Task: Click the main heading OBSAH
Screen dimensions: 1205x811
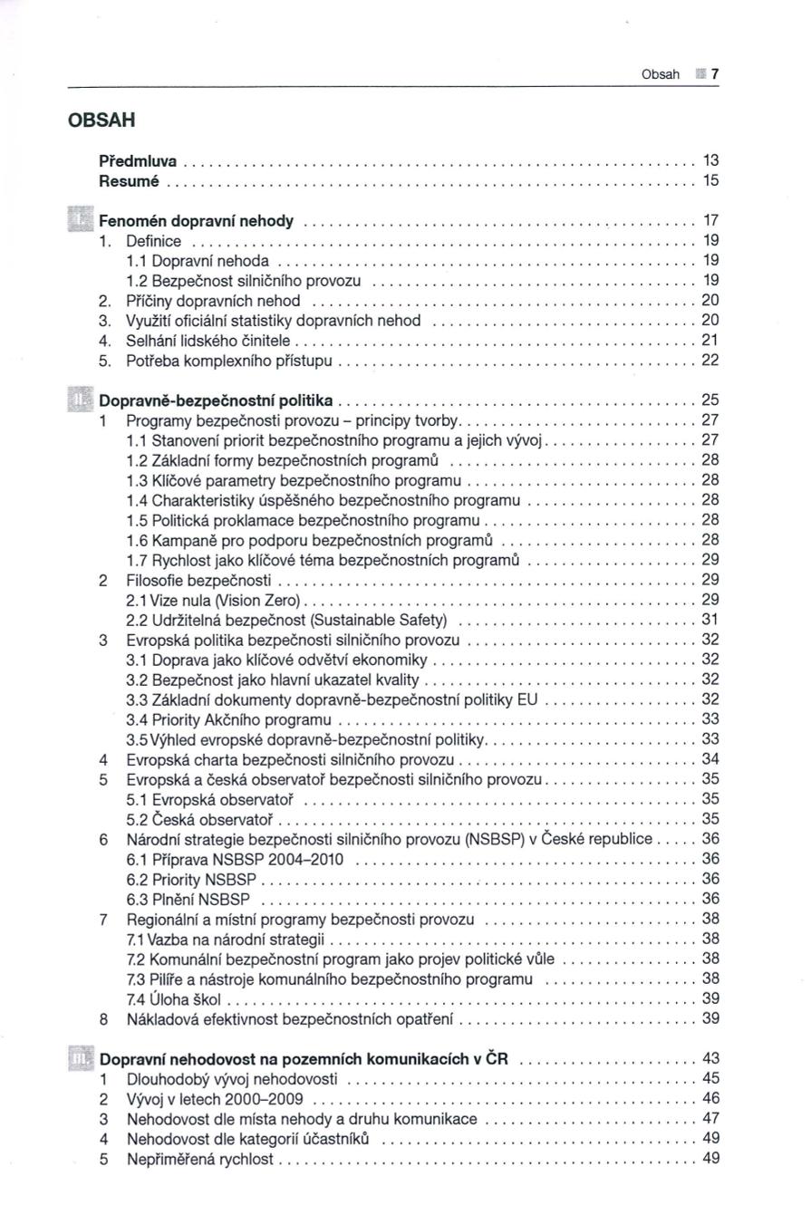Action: pos(102,120)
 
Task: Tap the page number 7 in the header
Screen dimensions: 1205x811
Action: pos(714,74)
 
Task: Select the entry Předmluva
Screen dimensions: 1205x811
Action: pos(138,160)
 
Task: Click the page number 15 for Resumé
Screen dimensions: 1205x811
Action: pos(711,180)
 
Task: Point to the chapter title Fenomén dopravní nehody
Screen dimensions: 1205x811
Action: pos(196,221)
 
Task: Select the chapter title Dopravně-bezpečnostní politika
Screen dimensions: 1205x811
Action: pos(216,400)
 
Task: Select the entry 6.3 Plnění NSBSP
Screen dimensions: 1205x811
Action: pos(188,899)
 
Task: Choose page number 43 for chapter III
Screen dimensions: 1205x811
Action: pos(711,1058)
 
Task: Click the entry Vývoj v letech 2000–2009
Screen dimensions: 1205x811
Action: pos(215,1099)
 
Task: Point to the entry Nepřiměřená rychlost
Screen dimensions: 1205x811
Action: pos(199,1159)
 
